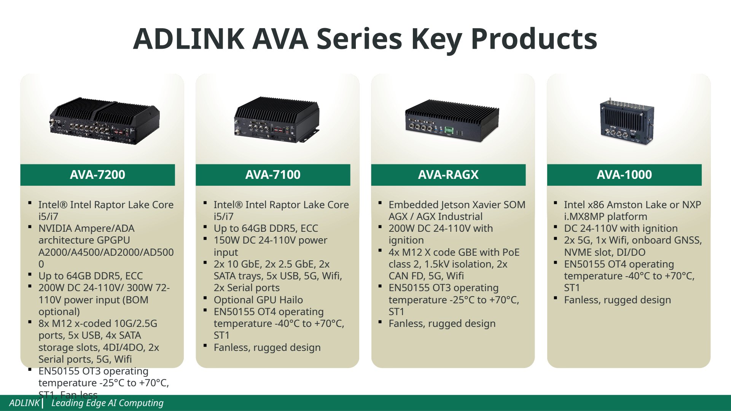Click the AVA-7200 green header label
click(x=97, y=175)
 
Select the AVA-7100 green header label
click(x=273, y=175)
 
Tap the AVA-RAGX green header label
click(x=448, y=175)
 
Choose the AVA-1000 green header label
click(x=624, y=175)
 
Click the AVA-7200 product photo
click(x=104, y=121)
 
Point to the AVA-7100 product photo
click(x=277, y=119)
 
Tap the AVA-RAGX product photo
click(x=452, y=121)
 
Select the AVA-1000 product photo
click(x=627, y=121)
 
